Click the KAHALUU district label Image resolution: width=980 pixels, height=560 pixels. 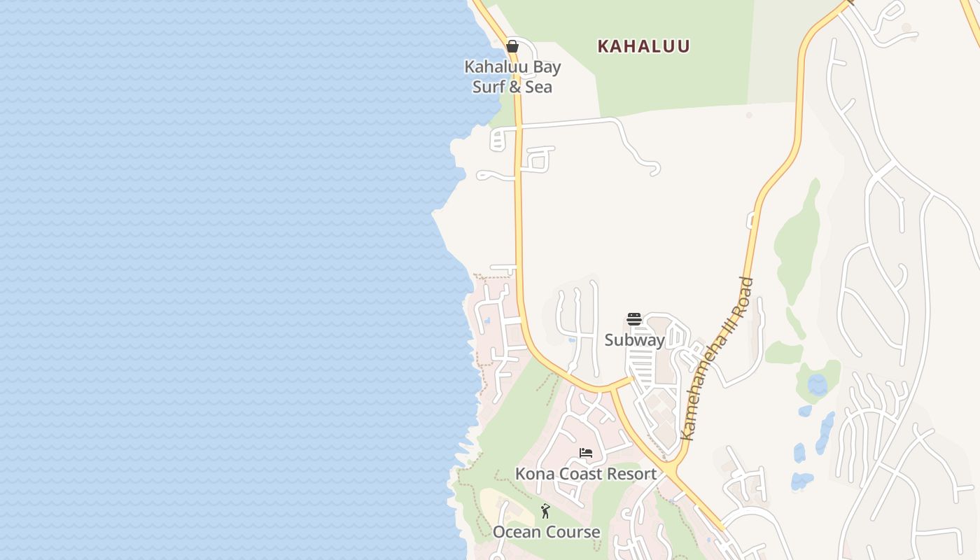(x=643, y=46)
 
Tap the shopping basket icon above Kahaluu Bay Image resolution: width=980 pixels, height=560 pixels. (x=512, y=46)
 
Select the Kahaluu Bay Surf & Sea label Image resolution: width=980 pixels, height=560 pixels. (x=512, y=77)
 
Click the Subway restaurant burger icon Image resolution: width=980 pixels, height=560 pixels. (x=634, y=320)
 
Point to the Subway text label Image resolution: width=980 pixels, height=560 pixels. (x=634, y=340)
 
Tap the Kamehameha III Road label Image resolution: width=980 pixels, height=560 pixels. (x=717, y=359)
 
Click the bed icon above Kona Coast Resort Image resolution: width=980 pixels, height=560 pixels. (x=586, y=453)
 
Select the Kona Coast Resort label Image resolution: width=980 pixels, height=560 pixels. (x=586, y=474)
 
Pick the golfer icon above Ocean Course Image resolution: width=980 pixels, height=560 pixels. (x=545, y=512)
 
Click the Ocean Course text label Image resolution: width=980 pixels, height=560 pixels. (x=546, y=532)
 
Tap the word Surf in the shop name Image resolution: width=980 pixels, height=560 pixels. (x=488, y=87)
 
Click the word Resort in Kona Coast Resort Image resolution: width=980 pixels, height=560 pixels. (x=632, y=474)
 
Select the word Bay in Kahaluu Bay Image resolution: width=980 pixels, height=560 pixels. (x=546, y=67)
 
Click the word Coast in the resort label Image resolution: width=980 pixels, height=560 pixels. (x=580, y=474)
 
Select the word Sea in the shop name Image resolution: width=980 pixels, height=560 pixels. (x=538, y=87)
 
